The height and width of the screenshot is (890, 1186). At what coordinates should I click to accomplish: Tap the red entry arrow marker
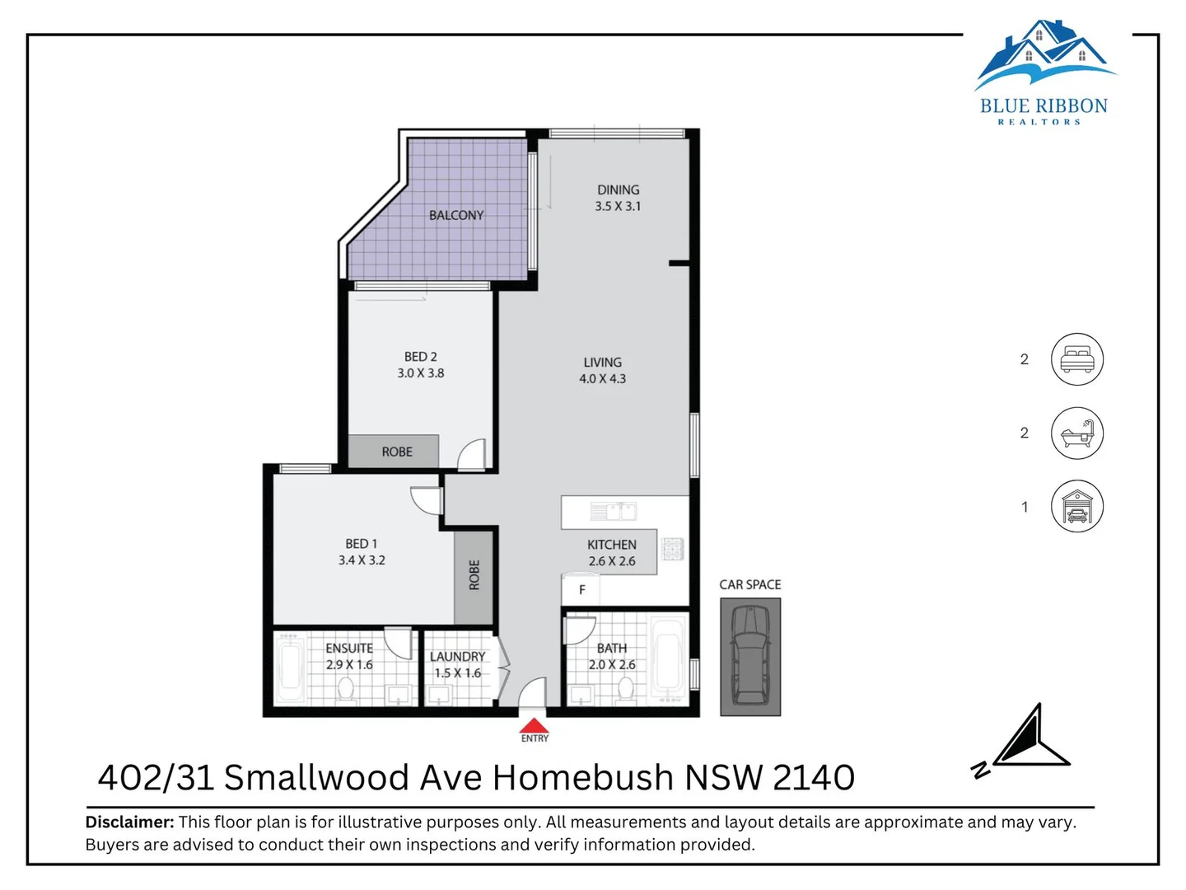point(534,726)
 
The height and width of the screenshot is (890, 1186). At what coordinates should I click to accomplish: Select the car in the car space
point(750,656)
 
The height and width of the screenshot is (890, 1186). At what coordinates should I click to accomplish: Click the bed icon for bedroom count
point(1076,359)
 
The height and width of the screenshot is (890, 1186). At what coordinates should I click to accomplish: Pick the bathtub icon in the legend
point(1076,433)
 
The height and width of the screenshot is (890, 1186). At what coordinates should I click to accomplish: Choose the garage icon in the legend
point(1076,507)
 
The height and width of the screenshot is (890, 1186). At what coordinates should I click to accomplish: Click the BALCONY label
point(456,215)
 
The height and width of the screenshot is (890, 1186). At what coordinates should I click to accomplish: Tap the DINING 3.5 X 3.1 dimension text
point(618,206)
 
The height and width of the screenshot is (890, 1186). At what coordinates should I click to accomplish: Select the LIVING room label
point(602,363)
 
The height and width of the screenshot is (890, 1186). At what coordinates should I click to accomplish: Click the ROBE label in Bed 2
point(397,452)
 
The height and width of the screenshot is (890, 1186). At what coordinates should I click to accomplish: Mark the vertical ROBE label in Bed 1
point(474,575)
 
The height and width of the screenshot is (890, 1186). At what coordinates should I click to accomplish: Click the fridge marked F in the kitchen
point(581,590)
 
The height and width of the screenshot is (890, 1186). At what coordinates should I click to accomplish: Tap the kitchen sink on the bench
point(614,512)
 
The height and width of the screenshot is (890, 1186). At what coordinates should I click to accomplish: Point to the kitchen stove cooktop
point(673,549)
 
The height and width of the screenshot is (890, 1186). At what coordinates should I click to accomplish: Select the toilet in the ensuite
point(346,689)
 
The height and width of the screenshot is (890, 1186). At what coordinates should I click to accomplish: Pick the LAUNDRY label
point(457,657)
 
